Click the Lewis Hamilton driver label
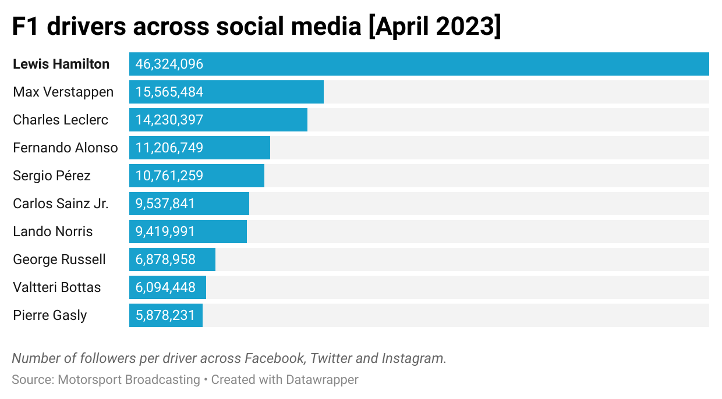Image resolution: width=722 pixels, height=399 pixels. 61,64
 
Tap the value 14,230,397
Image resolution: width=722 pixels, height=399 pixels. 169,120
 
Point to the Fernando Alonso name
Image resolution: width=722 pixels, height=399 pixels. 65,148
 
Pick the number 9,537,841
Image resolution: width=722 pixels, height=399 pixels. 165,204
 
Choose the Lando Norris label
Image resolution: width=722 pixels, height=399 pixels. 53,231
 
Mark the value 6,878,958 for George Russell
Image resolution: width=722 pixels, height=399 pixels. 165,259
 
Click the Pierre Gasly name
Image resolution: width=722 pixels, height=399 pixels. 50,315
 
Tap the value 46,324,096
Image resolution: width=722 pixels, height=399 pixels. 169,64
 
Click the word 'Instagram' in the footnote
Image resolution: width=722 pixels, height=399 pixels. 414,358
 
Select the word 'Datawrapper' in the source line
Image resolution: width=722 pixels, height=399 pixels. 322,380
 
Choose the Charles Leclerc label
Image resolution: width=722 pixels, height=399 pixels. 61,120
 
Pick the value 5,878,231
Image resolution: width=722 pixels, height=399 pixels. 165,315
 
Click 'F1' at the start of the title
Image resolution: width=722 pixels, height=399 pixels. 26,27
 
